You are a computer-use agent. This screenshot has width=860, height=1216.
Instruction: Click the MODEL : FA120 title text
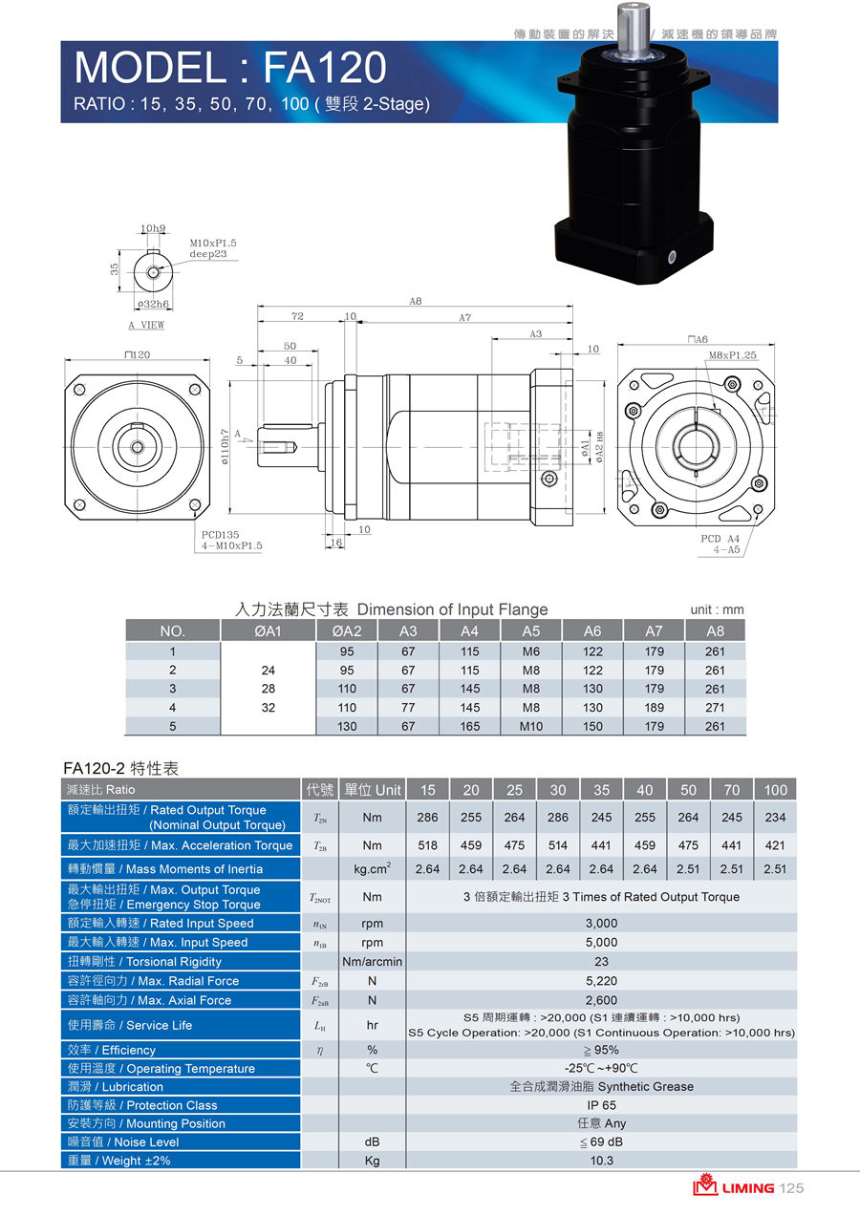pos(230,68)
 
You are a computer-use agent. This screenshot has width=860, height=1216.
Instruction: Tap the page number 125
pos(792,1187)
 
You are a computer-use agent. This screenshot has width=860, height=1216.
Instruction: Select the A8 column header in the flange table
pos(715,630)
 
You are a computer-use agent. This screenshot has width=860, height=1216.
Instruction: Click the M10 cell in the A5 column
pos(531,726)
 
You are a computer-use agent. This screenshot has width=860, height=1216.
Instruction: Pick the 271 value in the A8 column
pos(715,708)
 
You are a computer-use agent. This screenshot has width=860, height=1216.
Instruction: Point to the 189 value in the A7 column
pos(655,708)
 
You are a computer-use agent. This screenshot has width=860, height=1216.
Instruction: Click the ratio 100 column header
pos(775,790)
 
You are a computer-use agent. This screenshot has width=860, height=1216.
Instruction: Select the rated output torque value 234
pos(775,818)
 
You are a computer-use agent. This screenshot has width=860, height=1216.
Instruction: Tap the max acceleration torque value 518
pos(427,845)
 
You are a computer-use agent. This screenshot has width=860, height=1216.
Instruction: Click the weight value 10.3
pos(601,1161)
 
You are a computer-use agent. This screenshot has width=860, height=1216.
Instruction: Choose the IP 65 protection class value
pos(601,1105)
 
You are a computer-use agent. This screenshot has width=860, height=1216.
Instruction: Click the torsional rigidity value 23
pos(601,962)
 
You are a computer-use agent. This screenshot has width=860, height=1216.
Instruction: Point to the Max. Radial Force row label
pos(153,981)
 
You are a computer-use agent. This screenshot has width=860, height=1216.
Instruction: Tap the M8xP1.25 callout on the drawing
pos(732,355)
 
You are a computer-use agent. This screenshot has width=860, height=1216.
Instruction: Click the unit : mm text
pos(716,609)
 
